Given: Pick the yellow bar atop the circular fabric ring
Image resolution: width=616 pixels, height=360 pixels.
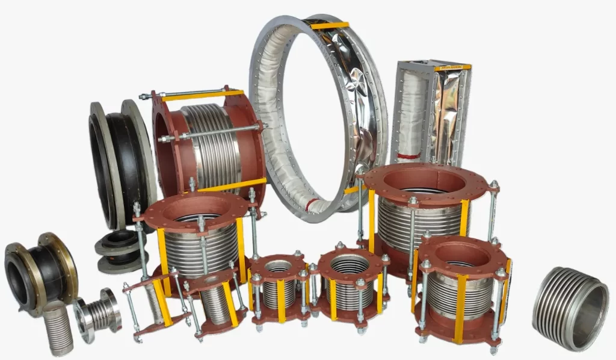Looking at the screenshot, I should tap(329, 25).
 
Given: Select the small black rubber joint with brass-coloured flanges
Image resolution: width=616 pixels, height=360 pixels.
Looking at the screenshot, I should tap(37, 274).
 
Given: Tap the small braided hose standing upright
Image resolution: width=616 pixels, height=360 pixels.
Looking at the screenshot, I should tap(58, 328).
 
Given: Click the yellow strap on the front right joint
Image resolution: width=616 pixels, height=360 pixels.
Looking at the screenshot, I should tap(460, 307).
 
